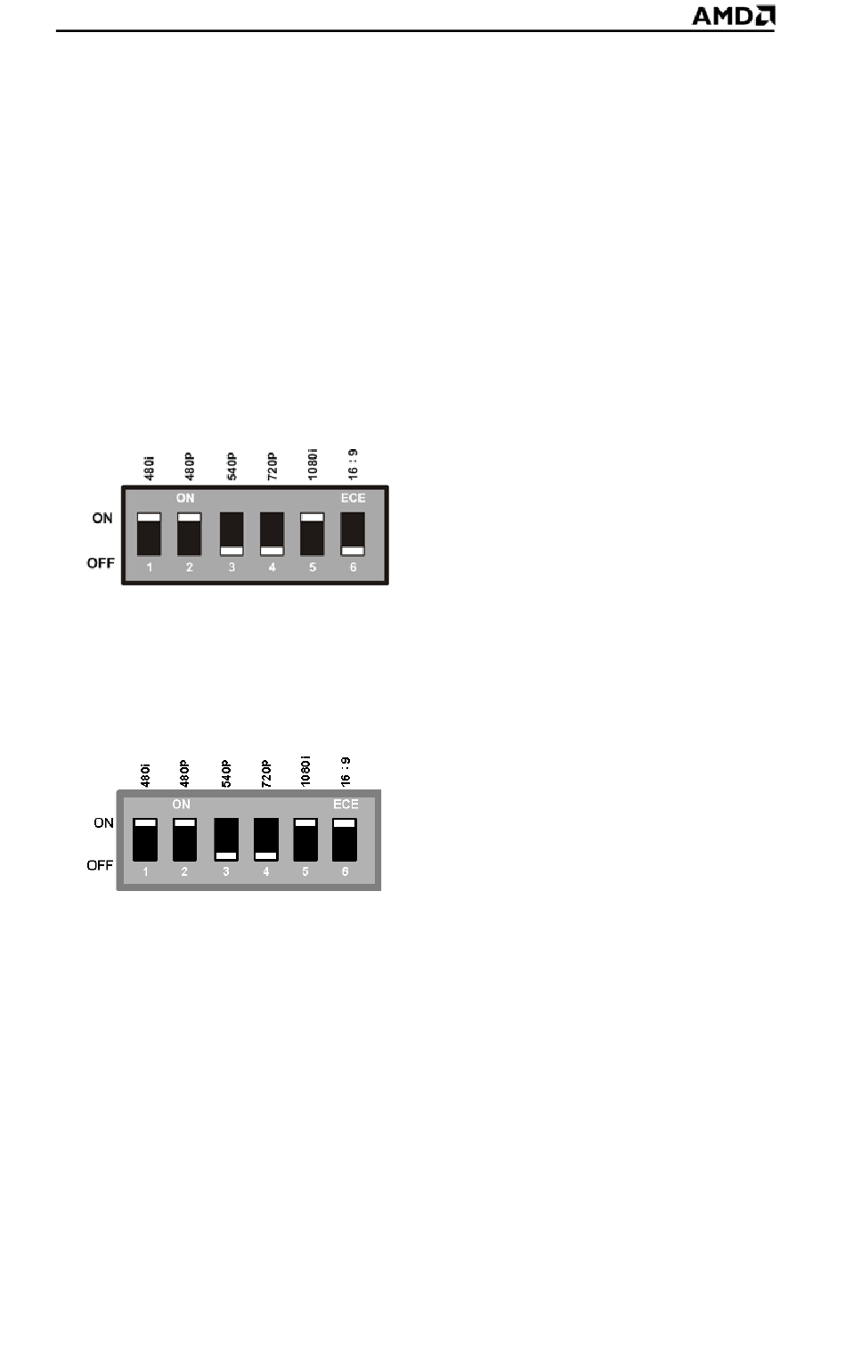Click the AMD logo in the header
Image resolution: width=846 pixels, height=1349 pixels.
[x=734, y=16]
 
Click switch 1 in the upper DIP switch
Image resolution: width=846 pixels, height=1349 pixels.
[x=150, y=535]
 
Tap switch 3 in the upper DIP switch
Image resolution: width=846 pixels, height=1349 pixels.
[x=232, y=535]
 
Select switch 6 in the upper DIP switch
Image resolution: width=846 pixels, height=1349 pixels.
[x=354, y=535]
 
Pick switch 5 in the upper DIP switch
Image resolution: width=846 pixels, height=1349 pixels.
[x=313, y=535]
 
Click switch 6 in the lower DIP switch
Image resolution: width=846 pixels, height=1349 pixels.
[x=345, y=839]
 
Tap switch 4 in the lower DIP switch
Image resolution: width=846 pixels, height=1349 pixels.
[x=266, y=839]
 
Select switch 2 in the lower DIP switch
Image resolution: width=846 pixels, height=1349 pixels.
[x=184, y=839]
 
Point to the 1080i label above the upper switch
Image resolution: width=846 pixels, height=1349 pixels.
[x=313, y=464]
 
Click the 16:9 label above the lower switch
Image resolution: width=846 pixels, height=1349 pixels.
[x=346, y=772]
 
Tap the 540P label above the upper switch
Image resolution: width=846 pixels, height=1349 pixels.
[x=232, y=467]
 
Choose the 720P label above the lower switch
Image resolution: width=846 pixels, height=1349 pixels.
[x=266, y=774]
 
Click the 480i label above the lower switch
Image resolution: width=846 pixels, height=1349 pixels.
[x=145, y=776]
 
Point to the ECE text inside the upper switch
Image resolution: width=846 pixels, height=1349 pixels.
[x=354, y=498]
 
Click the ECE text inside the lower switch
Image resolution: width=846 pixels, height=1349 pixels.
[x=346, y=804]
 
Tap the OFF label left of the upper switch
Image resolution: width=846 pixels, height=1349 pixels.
[x=102, y=563]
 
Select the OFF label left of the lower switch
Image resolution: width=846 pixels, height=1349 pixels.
[x=100, y=865]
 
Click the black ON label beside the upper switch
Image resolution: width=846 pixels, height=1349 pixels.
[x=102, y=518]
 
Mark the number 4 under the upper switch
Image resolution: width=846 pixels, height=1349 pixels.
[x=272, y=568]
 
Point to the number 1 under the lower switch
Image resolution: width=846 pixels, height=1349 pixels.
[x=145, y=871]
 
